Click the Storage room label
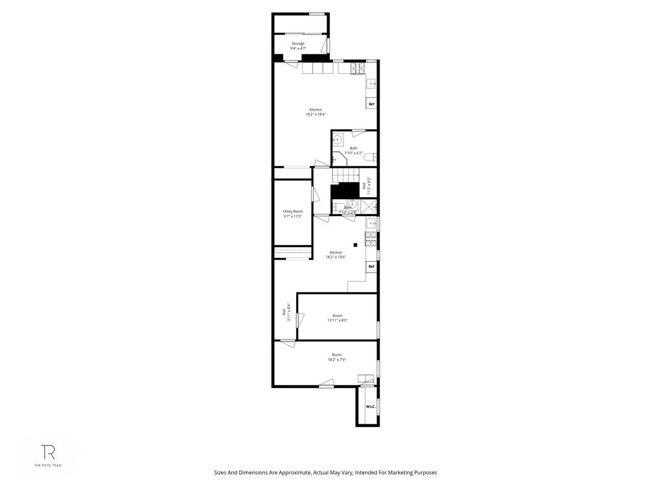pos(297,43)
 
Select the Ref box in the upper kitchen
pos(372,104)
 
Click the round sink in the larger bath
pos(337,140)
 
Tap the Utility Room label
pos(292,211)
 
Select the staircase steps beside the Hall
pos(346,175)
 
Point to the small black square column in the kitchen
pos(355,245)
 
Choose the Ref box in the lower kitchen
pos(372,266)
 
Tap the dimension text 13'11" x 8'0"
pos(337,321)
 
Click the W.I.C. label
pos(371,406)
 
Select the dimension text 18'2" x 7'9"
pos(337,360)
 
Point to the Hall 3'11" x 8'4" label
pos(286,312)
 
